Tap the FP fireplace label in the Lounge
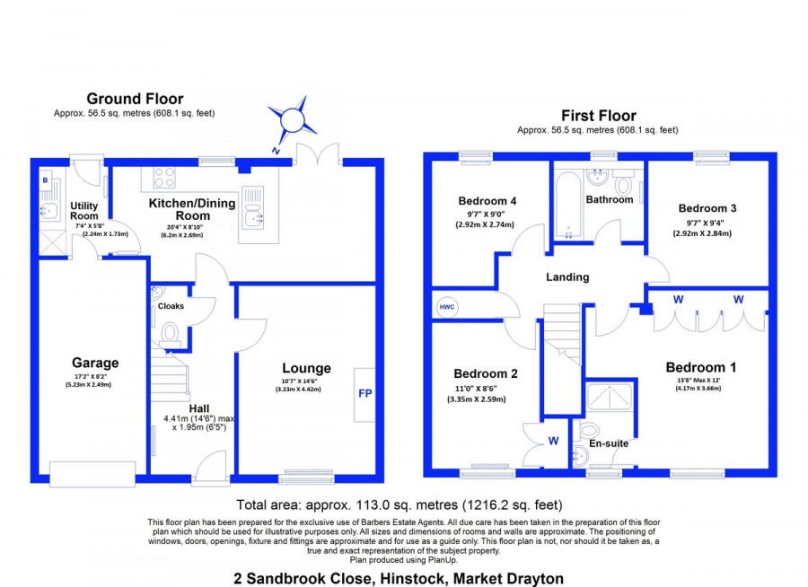[365, 394]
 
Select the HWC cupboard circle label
[446, 307]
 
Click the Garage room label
[95, 363]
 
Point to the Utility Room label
[84, 211]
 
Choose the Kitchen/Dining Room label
[192, 209]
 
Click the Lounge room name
[306, 368]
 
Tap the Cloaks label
[171, 306]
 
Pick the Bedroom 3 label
[705, 206]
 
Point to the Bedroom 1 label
[701, 367]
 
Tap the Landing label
[567, 277]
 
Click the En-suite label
[609, 443]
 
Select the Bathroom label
[610, 199]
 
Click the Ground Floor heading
[135, 99]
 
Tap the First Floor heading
[599, 115]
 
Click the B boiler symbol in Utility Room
[44, 180]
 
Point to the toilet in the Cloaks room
[169, 334]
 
